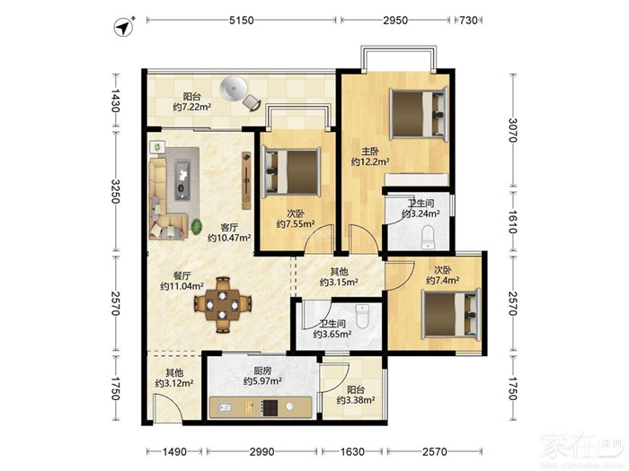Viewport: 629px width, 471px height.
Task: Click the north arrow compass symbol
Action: tap(124, 27)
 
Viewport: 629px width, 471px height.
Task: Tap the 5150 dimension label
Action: tap(242, 20)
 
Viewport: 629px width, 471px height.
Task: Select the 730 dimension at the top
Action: tap(468, 20)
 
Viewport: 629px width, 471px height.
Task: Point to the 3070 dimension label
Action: tap(512, 130)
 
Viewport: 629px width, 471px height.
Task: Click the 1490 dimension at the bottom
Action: tap(174, 452)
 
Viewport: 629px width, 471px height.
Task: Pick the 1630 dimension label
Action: tap(352, 452)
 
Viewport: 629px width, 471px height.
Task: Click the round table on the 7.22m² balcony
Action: tap(233, 89)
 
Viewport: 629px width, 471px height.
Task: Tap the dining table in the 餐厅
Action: tap(223, 305)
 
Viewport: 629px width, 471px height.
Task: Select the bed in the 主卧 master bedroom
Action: tap(419, 114)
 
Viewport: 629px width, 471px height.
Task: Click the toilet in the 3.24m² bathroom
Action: tap(428, 237)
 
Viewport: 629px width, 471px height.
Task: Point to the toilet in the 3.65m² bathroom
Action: tap(362, 316)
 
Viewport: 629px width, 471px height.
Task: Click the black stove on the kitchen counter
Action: tap(270, 407)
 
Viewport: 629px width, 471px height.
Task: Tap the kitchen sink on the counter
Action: tap(226, 407)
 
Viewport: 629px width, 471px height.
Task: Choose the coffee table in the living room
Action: tap(183, 179)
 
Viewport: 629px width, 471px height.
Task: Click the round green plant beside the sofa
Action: tap(197, 227)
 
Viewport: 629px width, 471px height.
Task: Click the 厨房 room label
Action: tap(262, 371)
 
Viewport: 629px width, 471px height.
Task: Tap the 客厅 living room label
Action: tap(229, 227)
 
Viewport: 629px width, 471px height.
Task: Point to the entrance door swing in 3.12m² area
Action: tap(166, 407)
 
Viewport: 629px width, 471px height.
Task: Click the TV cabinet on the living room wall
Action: tap(246, 180)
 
